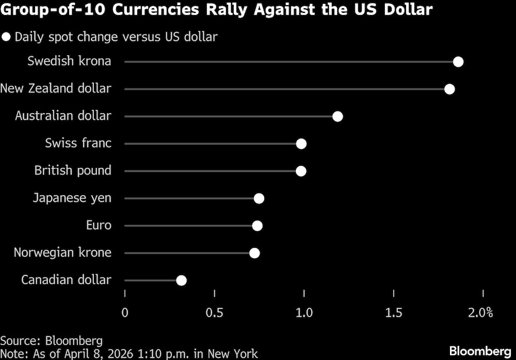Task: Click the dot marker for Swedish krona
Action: pyautogui.click(x=458, y=62)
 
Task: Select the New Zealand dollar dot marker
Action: pyautogui.click(x=449, y=89)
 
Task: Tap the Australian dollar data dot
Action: pyautogui.click(x=337, y=116)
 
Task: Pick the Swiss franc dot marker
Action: pyautogui.click(x=301, y=144)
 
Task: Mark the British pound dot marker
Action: pyautogui.click(x=301, y=171)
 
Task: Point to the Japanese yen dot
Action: pyautogui.click(x=259, y=198)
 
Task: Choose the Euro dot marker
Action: pyautogui.click(x=257, y=226)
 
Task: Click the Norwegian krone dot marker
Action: pyautogui.click(x=254, y=253)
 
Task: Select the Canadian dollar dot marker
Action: pyautogui.click(x=181, y=280)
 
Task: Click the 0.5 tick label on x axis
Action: pyautogui.click(x=215, y=313)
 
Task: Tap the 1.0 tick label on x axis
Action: pyautogui.click(x=304, y=313)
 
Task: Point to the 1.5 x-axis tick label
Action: pyautogui.click(x=394, y=313)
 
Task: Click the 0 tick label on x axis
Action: pyautogui.click(x=125, y=313)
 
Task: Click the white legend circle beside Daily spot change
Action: pyautogui.click(x=7, y=37)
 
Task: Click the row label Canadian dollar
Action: pyautogui.click(x=66, y=280)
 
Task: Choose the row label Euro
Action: pyautogui.click(x=99, y=225)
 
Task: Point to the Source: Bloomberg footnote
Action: pyautogui.click(x=51, y=341)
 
